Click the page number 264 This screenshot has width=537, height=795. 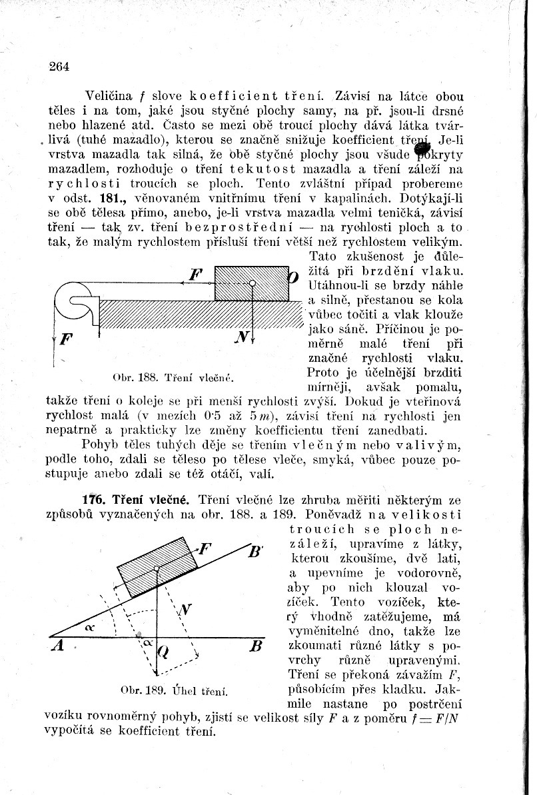pyautogui.click(x=59, y=65)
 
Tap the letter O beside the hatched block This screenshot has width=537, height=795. pyautogui.click(x=292, y=275)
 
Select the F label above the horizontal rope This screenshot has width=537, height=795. pyautogui.click(x=195, y=274)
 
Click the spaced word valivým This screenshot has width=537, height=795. pyautogui.click(x=415, y=444)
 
